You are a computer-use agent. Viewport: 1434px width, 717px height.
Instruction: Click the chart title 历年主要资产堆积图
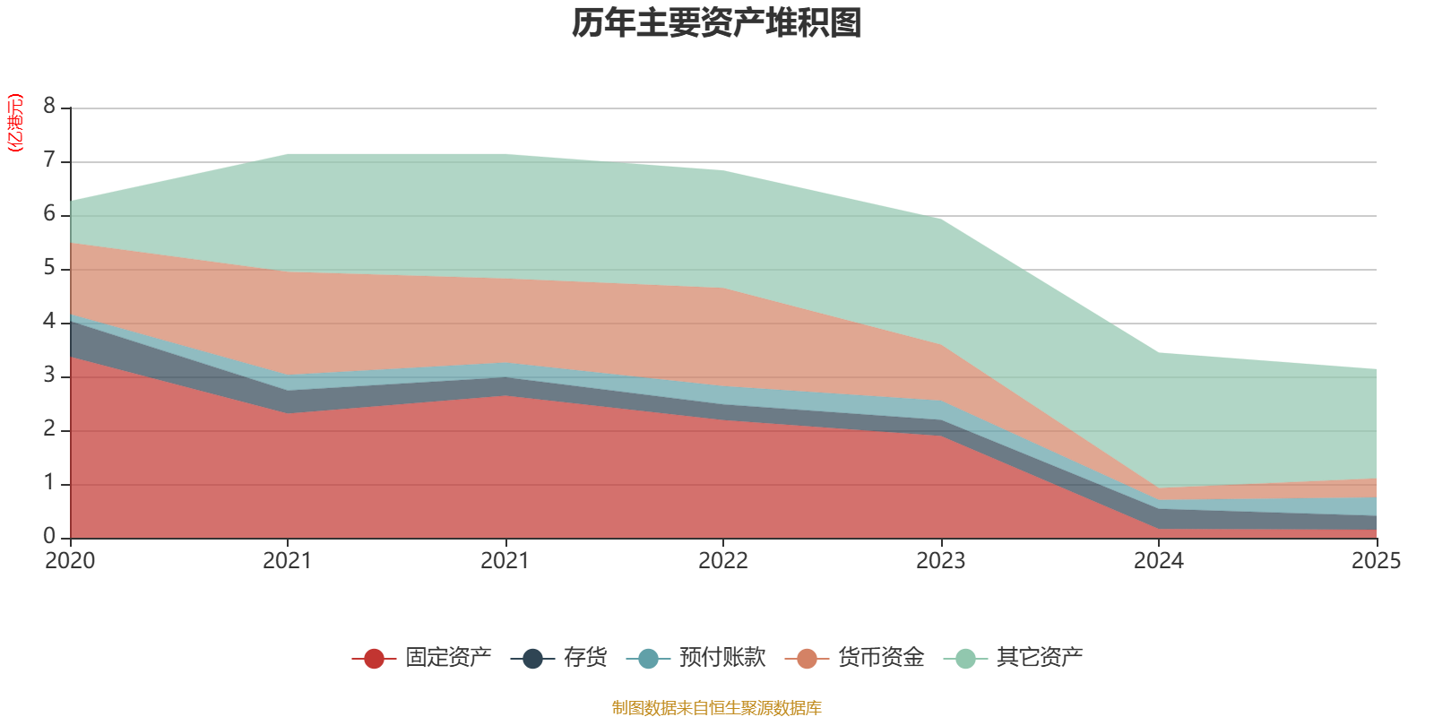pos(717,23)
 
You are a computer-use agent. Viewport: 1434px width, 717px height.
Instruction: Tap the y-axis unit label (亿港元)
pos(14,124)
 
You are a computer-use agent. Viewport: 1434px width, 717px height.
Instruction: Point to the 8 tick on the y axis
pos(49,107)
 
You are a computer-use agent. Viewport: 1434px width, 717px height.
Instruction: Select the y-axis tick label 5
pos(49,268)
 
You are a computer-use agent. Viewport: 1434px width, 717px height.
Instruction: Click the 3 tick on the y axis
pos(49,376)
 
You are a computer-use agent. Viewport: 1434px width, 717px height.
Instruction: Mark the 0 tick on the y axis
pos(49,536)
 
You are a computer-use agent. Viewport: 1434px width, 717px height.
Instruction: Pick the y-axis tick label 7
pos(49,160)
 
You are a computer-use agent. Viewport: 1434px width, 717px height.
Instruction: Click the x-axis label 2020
pos(70,561)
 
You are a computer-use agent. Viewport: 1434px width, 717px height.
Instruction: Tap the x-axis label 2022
pos(722,561)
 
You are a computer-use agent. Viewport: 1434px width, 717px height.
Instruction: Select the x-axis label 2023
pos(940,561)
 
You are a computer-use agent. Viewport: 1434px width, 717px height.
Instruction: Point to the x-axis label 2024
pos(1158,561)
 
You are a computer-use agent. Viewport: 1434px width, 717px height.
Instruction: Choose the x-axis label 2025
pos(1375,561)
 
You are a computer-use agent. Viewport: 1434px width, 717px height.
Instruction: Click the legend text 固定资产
pos(448,658)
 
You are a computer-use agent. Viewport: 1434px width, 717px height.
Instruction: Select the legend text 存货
pos(585,658)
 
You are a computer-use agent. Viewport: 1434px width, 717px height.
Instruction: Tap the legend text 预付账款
pos(722,658)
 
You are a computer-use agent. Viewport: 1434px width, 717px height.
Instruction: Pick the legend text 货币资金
pos(881,658)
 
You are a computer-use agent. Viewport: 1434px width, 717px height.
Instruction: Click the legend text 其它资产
pos(1040,658)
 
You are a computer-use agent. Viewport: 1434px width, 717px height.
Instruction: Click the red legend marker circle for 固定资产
pos(374,659)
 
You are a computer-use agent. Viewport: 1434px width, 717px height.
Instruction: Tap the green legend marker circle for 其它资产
pos(965,659)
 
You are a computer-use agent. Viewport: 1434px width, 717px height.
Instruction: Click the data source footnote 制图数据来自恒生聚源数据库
pos(717,708)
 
